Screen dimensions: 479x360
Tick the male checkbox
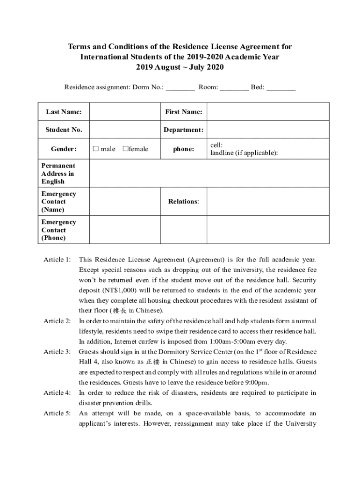tap(95, 149)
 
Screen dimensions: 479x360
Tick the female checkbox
tap(125, 149)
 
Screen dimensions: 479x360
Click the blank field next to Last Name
tap(125, 112)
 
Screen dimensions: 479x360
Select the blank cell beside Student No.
tap(125, 130)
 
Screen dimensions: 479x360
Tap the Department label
tap(183, 130)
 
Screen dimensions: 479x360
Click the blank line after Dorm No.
tap(180, 87)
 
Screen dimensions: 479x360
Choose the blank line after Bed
tap(281, 87)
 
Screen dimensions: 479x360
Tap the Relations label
tap(183, 202)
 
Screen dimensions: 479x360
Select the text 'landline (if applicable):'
tap(244, 153)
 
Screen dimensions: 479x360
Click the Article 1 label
tap(57, 259)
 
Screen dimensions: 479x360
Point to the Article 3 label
tap(57, 352)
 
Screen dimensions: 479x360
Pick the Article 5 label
tap(57, 414)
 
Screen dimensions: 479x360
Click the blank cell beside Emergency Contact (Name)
tap(125, 202)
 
